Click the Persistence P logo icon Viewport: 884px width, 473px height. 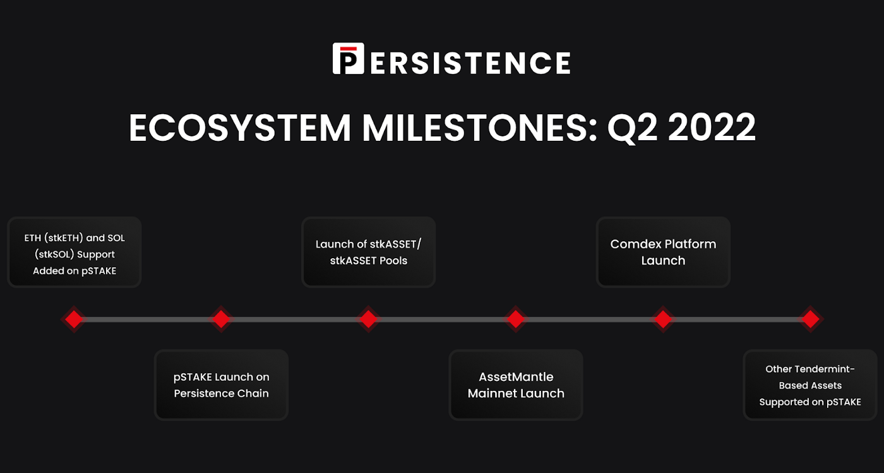[348, 59]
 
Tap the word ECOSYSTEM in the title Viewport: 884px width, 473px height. [240, 128]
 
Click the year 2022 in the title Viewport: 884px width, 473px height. [712, 127]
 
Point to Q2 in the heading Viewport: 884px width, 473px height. [632, 128]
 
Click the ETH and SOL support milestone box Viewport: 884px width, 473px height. [75, 252]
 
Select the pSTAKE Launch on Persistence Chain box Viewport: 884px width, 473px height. [221, 385]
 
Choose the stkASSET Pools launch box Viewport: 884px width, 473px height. [368, 252]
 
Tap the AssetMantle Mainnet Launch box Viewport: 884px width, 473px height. [516, 385]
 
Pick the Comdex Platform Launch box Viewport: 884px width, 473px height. [663, 252]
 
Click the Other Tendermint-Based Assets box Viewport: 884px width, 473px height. [810, 385]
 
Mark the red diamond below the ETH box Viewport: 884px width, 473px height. [74, 319]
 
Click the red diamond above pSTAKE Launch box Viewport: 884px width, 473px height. [221, 319]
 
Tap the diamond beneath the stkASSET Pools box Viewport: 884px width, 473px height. [368, 319]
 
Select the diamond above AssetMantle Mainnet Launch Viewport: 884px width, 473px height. [515, 319]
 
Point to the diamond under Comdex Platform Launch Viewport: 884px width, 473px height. [663, 319]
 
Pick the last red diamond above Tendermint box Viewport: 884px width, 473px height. [810, 319]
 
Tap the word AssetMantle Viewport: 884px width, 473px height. [516, 376]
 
